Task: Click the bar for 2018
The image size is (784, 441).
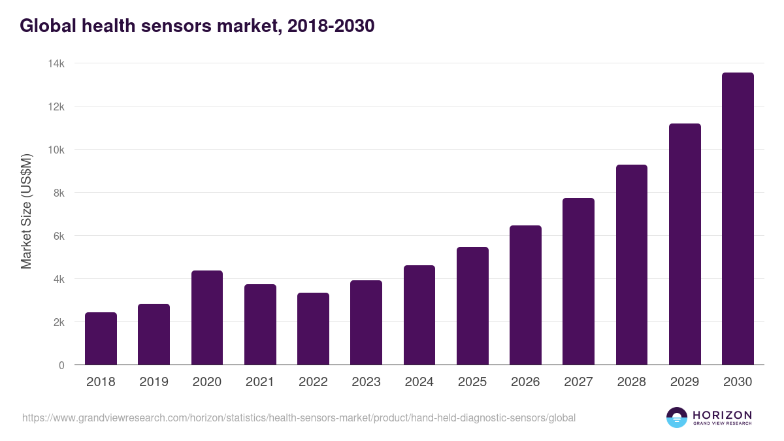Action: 101,338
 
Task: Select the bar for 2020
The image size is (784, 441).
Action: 207,318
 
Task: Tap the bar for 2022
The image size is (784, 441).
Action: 313,329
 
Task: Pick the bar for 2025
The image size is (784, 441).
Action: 472,306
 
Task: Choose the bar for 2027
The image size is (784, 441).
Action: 579,281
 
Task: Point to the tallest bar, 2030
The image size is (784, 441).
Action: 738,219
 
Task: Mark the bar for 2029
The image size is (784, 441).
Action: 685,244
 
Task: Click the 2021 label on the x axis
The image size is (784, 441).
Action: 260,382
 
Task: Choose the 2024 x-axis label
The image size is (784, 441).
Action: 419,382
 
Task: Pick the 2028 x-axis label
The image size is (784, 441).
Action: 632,382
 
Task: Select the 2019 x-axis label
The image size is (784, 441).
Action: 154,382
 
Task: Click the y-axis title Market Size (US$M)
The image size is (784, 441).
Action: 26,211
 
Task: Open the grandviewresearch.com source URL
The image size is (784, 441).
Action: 299,417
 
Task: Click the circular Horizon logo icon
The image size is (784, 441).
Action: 677,417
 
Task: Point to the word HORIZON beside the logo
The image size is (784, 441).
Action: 722,415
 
